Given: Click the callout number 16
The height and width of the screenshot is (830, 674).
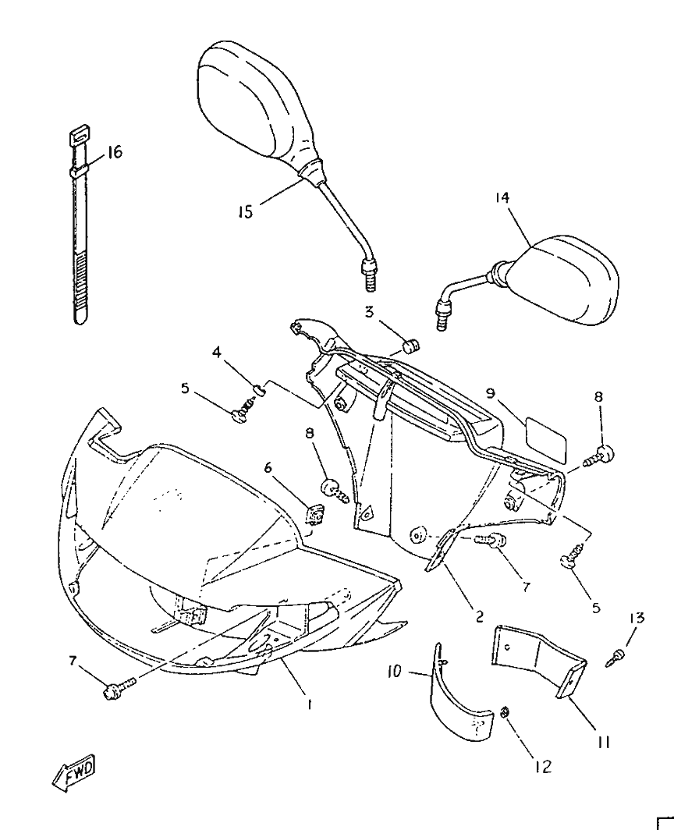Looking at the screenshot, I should click(115, 152).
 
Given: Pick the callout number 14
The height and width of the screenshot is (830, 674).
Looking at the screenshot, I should click(502, 198).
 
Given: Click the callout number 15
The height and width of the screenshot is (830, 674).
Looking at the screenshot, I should click(246, 211).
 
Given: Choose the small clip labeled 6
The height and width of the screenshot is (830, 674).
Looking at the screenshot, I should click(316, 513).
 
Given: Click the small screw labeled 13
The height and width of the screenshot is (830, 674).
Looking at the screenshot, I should click(615, 657).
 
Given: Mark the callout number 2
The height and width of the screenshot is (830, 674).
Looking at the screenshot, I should click(479, 616).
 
